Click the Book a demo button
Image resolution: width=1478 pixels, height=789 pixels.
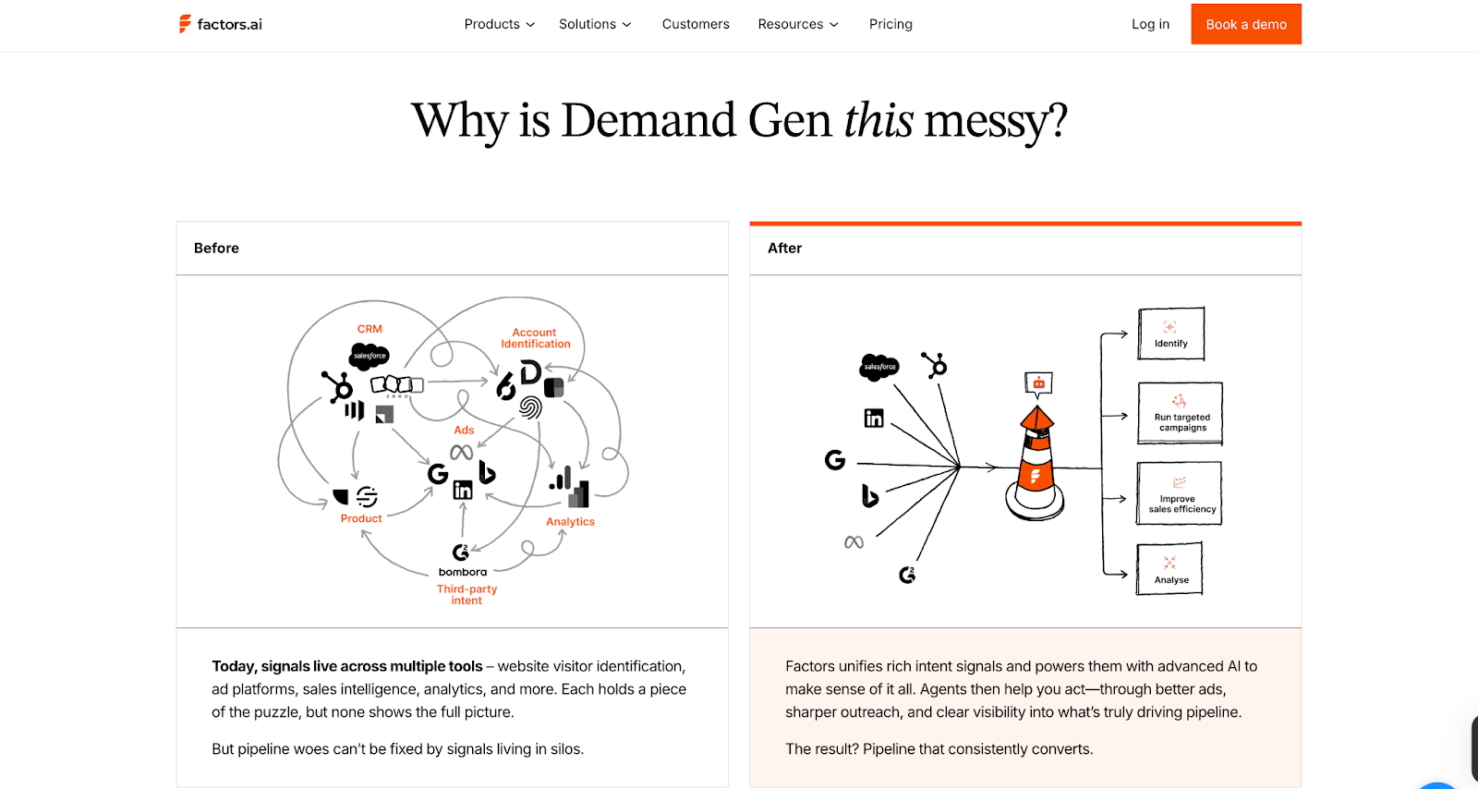click(1245, 24)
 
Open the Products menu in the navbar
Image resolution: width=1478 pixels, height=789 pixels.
click(499, 24)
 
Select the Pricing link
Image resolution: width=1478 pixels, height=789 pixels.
click(890, 24)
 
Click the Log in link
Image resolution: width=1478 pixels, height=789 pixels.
click(1150, 24)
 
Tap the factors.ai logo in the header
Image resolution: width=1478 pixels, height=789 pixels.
click(221, 24)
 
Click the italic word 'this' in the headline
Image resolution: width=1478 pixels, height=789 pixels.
click(878, 121)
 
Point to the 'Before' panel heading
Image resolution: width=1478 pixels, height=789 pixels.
click(216, 248)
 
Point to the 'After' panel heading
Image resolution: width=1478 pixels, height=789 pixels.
click(784, 248)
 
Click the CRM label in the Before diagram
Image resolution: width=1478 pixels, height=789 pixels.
click(369, 329)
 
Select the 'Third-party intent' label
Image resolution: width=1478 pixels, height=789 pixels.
click(466, 594)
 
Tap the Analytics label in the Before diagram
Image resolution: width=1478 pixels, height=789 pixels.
click(570, 522)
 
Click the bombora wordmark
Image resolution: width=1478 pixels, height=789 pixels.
click(463, 572)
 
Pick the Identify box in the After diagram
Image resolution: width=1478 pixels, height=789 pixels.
click(1171, 334)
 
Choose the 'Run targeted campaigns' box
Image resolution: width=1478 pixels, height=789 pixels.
click(1181, 413)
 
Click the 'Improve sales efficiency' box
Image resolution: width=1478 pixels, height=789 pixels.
click(1180, 494)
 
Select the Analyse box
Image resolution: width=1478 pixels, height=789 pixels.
click(1170, 569)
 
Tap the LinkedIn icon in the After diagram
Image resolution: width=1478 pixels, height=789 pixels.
click(874, 419)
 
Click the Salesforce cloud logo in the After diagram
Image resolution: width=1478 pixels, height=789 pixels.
click(879, 367)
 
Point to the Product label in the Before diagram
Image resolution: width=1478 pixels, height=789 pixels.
click(361, 519)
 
